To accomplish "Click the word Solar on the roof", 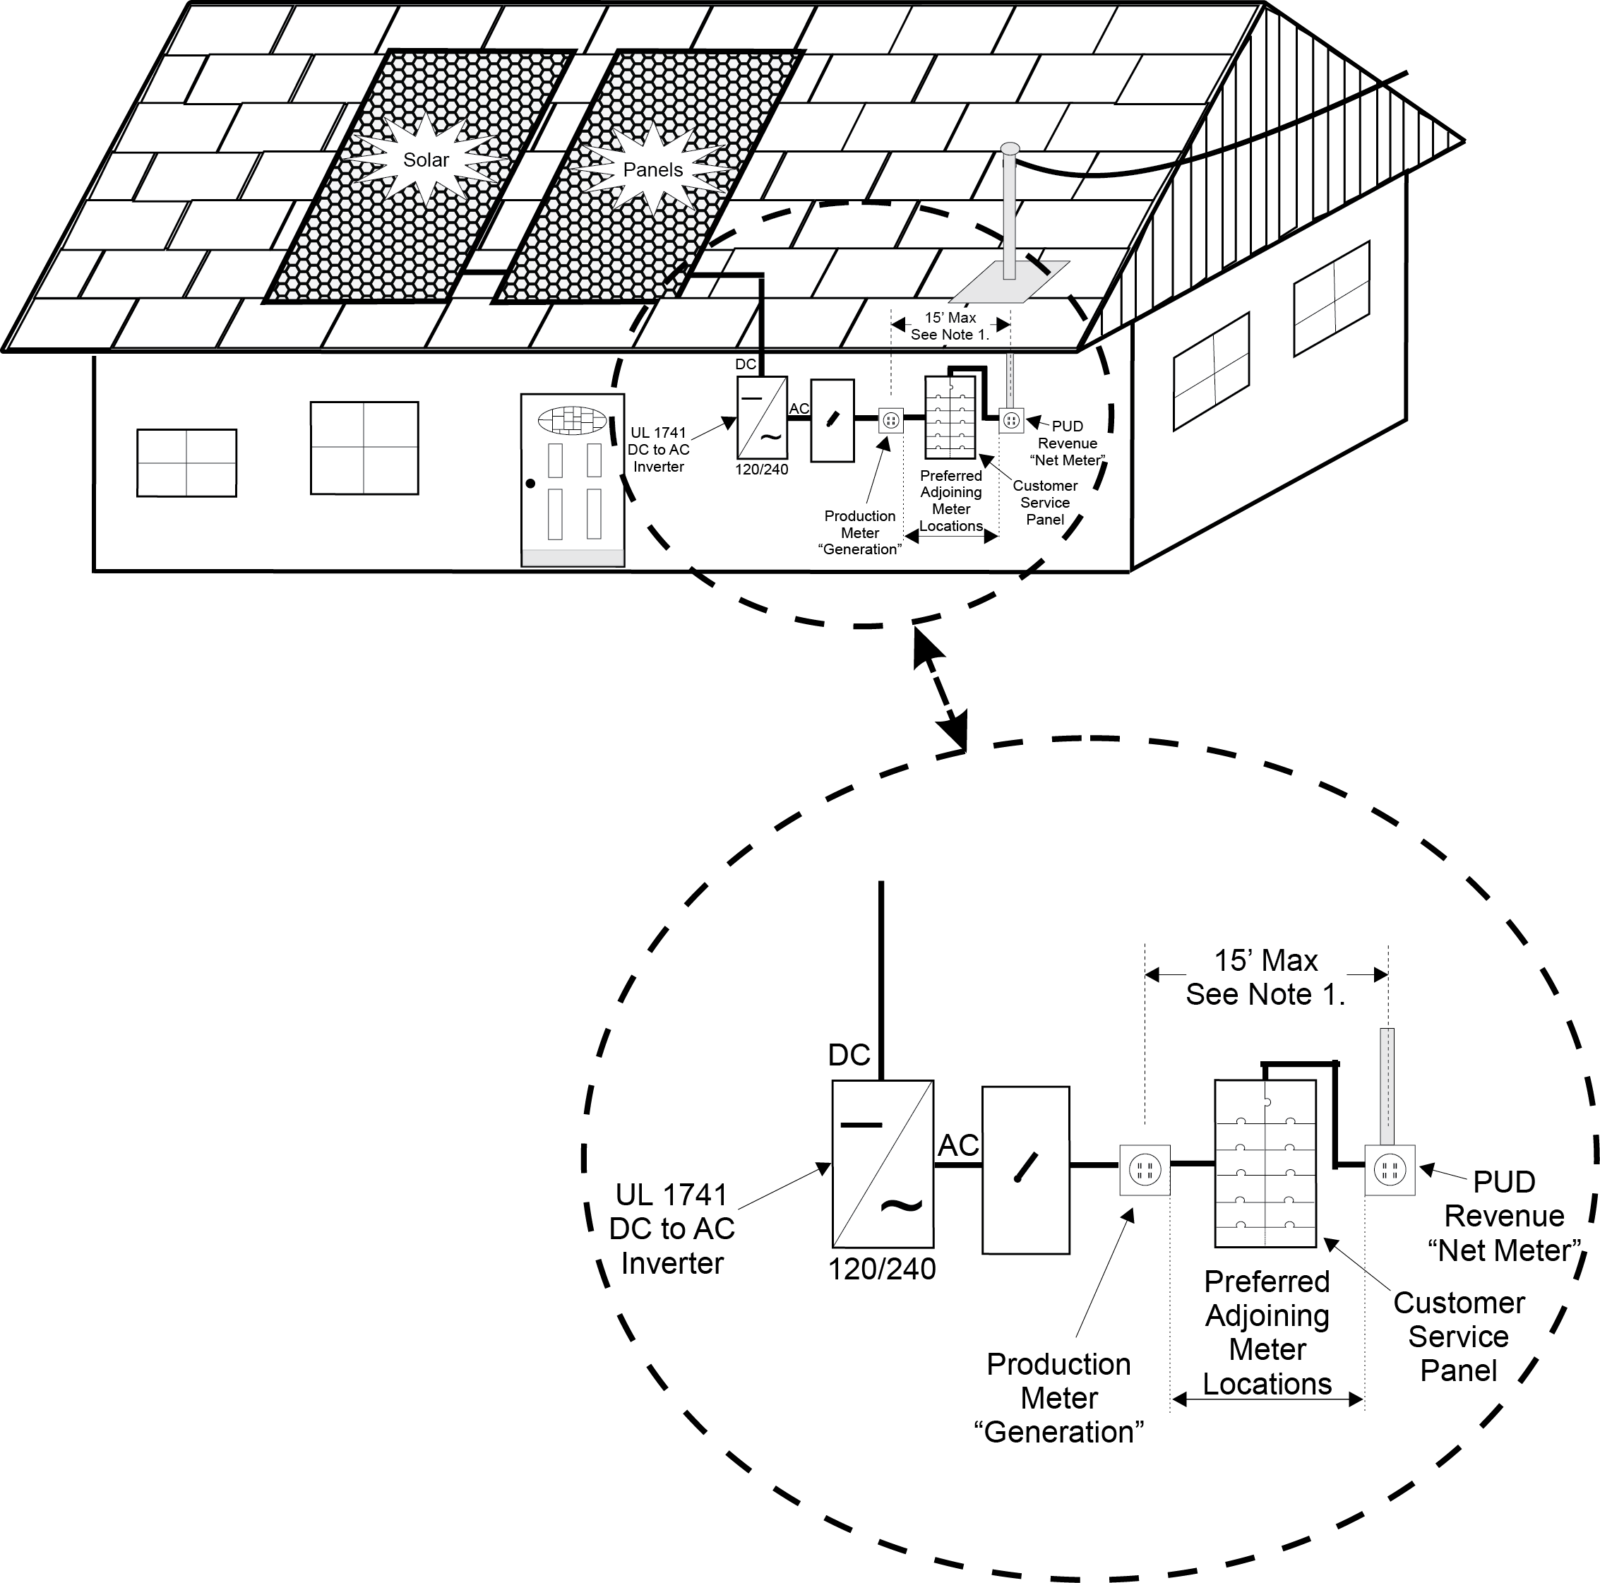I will [x=426, y=160].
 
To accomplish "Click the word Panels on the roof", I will [x=652, y=169].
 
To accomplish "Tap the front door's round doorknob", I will [x=531, y=484].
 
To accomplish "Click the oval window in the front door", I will [x=572, y=420].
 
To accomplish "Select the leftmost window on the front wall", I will [x=186, y=462].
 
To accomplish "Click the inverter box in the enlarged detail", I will [x=883, y=1163].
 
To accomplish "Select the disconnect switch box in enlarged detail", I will [x=1025, y=1170].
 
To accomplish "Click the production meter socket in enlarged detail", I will [x=1145, y=1170].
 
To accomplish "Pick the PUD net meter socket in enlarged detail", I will [x=1390, y=1170].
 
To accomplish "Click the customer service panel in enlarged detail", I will [x=1265, y=1163].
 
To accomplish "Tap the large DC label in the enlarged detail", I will [x=849, y=1055].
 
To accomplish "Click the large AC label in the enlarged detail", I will [x=958, y=1146].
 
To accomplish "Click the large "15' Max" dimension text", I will [x=1265, y=960].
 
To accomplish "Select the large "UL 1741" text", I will [x=671, y=1195].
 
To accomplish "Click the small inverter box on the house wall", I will [x=762, y=417].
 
